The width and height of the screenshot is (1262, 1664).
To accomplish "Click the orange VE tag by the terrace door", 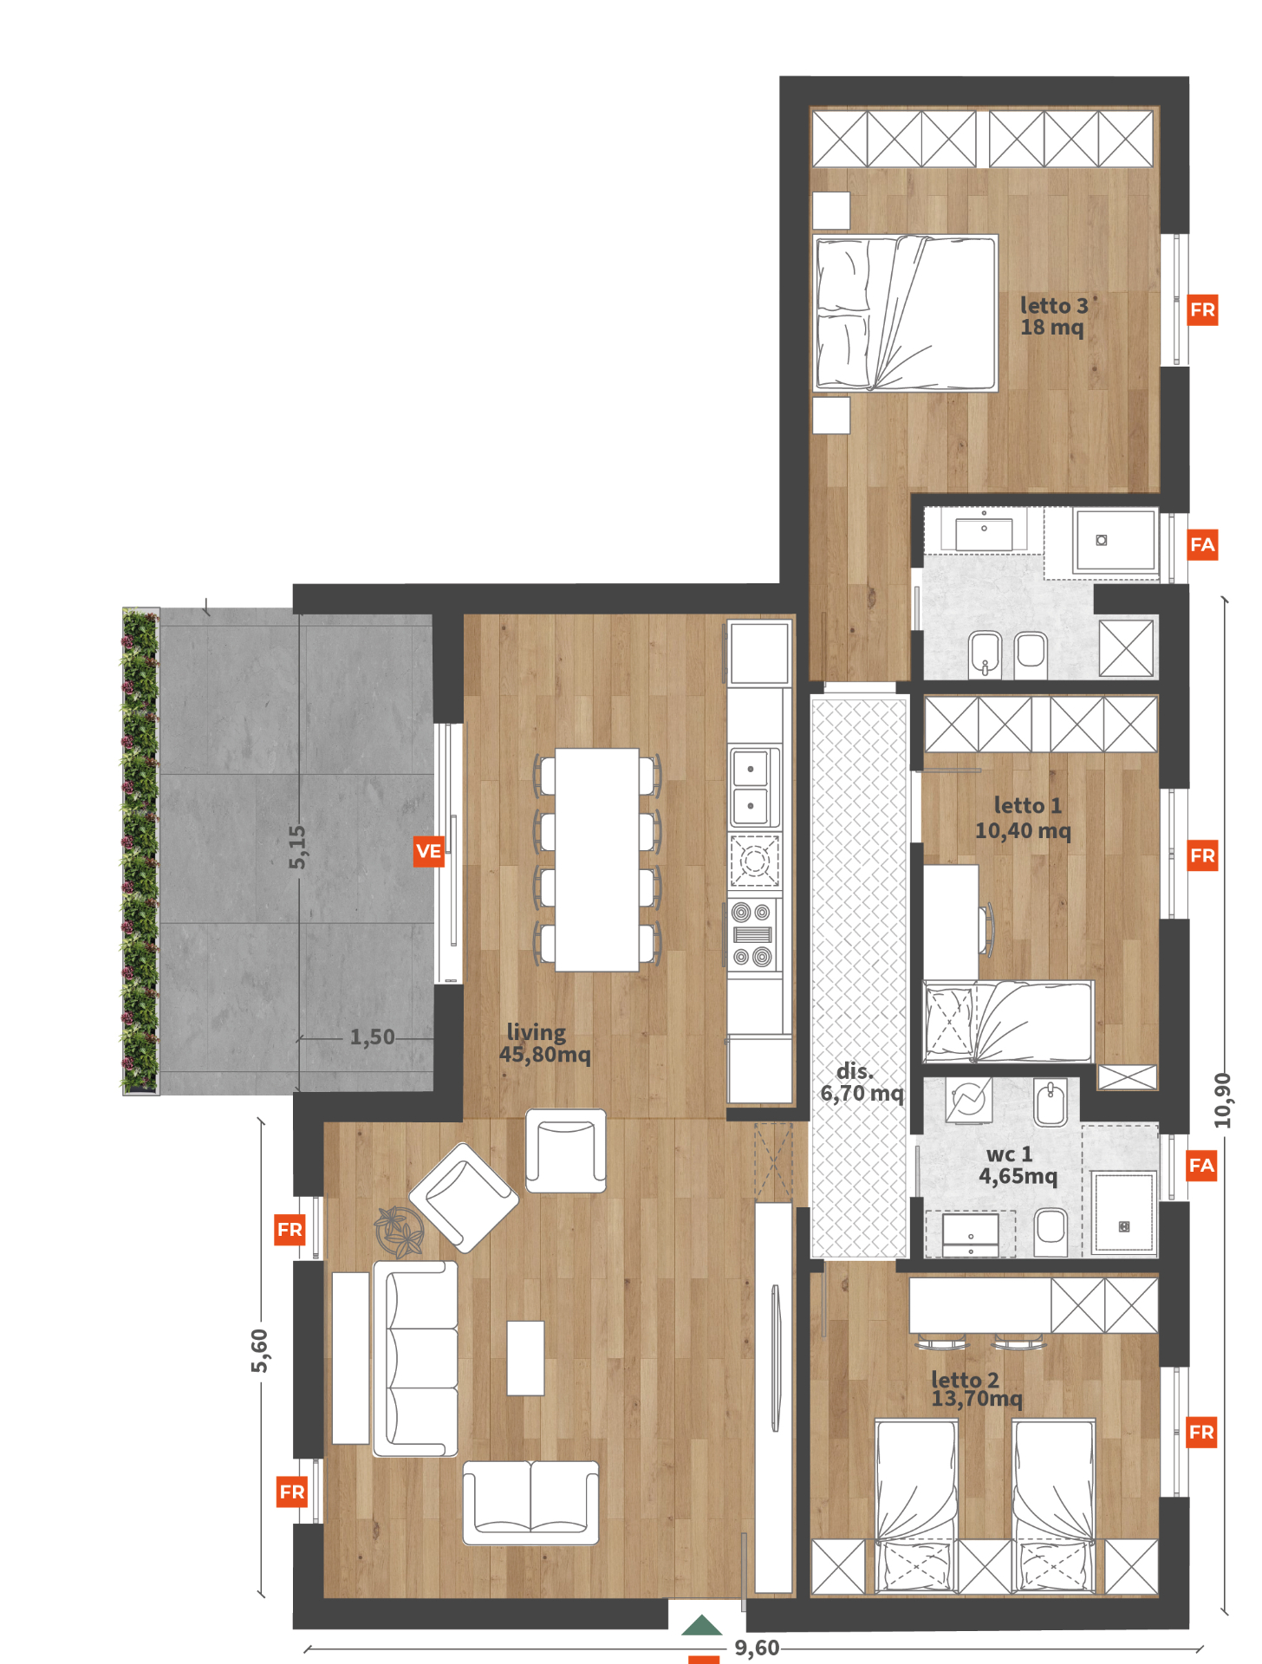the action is (x=429, y=851).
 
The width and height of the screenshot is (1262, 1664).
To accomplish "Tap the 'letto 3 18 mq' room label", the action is (x=1053, y=316).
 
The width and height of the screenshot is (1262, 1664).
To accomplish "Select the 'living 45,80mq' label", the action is (x=544, y=1043).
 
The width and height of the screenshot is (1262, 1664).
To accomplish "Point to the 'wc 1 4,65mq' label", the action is (x=1018, y=1165).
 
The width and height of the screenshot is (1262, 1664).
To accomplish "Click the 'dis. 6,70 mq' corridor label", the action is (x=862, y=1082).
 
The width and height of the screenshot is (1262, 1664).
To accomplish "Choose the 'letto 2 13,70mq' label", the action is (x=977, y=1389).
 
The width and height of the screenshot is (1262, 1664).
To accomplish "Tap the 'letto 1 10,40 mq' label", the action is (x=1024, y=818).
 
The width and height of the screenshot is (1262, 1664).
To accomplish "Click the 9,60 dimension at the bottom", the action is (x=757, y=1648).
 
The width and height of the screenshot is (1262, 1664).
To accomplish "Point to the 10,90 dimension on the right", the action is (x=1222, y=1101).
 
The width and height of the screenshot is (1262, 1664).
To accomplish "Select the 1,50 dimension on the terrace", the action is (x=372, y=1037).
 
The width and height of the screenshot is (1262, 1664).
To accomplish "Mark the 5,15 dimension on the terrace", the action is (x=297, y=847).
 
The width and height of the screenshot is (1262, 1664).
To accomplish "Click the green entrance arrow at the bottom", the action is (x=701, y=1625).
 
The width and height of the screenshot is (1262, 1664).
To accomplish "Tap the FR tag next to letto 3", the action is (x=1202, y=310).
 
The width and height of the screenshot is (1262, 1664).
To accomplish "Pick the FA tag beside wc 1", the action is (x=1201, y=1166).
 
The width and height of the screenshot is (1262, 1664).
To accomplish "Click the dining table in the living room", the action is (x=597, y=860).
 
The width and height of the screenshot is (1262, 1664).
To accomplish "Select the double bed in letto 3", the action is (x=905, y=313).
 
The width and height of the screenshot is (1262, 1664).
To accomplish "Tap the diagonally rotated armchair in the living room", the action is (x=464, y=1198).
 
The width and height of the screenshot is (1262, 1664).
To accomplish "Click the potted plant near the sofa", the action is (x=399, y=1231).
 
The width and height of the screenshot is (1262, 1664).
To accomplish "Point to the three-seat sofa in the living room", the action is (x=415, y=1359).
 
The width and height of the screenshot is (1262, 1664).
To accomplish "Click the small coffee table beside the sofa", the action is (x=525, y=1358).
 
